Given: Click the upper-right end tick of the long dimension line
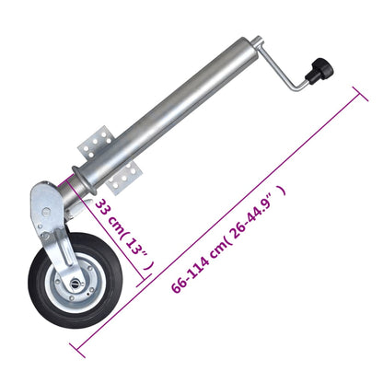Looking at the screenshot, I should pos(356,92).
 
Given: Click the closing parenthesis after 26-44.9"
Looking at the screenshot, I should pos(284,190).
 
